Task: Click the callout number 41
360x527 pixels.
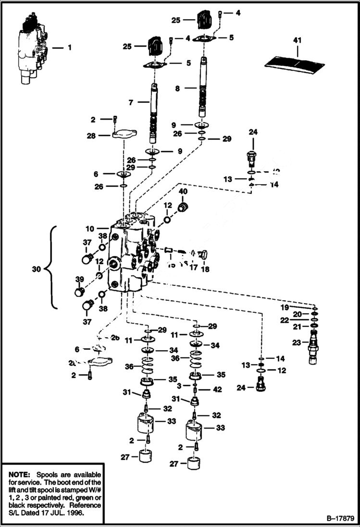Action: [x=297, y=40]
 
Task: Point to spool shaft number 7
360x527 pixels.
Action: [x=154, y=113]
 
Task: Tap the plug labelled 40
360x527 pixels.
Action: [x=183, y=208]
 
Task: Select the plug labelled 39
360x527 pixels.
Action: [x=79, y=292]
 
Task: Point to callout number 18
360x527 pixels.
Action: [x=205, y=269]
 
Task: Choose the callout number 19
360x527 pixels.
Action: [x=298, y=306]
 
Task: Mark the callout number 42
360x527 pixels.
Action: [x=217, y=389]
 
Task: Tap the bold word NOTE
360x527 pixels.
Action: [x=19, y=474]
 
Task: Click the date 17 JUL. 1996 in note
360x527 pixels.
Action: [x=63, y=513]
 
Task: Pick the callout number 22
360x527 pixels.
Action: [x=298, y=320]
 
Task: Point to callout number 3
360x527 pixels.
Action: [x=179, y=385]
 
